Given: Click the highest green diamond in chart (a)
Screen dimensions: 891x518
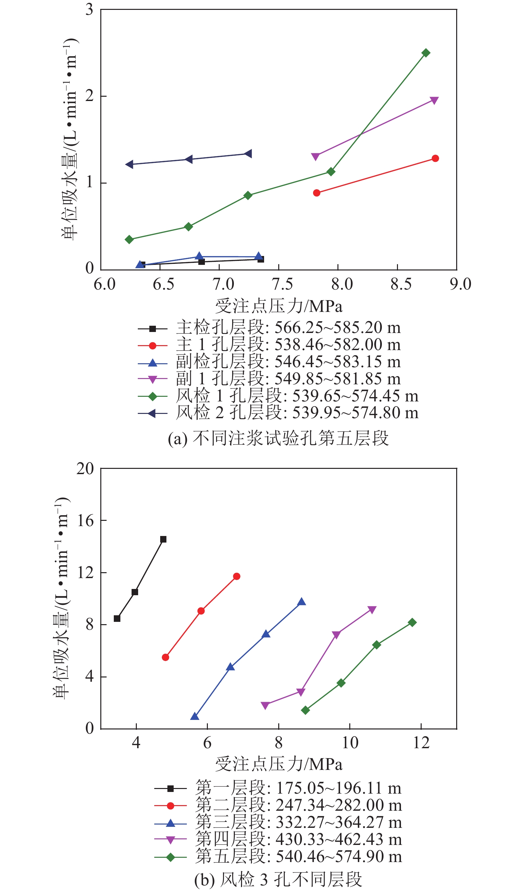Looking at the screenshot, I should point(426,53).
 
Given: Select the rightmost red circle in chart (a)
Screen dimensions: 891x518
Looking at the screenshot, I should point(435,158).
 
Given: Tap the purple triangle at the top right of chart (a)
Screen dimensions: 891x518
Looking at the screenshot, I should point(434,101).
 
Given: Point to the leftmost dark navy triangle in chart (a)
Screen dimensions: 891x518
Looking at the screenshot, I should point(129,164).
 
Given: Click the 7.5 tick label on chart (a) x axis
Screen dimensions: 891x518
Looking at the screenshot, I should point(283,284).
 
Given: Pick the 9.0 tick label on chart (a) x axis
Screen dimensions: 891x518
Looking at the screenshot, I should point(460,284).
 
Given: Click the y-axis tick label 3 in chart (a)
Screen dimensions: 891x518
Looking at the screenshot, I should point(89,10).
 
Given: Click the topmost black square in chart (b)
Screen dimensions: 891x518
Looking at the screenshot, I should point(163,540).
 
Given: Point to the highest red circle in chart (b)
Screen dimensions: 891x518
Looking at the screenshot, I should point(237,577).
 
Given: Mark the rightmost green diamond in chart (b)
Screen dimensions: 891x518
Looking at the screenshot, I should point(412,623).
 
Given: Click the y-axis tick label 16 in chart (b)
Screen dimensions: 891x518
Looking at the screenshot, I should point(85,521).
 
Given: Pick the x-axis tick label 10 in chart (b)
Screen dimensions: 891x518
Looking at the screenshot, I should point(350,743).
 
